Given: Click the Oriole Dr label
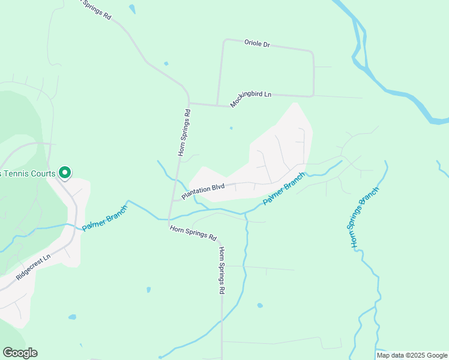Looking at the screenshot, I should pos(257,44).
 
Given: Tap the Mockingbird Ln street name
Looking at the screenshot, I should pos(251,99).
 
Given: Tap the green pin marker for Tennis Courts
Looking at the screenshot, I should pos(65,173).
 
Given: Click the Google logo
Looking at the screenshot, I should pos(20,353).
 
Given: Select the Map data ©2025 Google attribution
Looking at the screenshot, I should pos(412,355).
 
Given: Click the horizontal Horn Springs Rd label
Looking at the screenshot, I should pos(193,233).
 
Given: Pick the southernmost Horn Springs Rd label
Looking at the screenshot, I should pos(221,270).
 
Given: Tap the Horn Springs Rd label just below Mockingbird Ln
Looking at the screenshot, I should pos(184,133).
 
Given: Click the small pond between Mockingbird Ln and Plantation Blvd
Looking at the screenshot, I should pos(231,128).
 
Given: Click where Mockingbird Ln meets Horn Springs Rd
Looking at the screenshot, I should pos(189,103).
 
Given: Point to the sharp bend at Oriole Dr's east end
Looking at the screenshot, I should pos(312,53).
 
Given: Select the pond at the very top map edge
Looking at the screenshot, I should pos(131,8).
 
